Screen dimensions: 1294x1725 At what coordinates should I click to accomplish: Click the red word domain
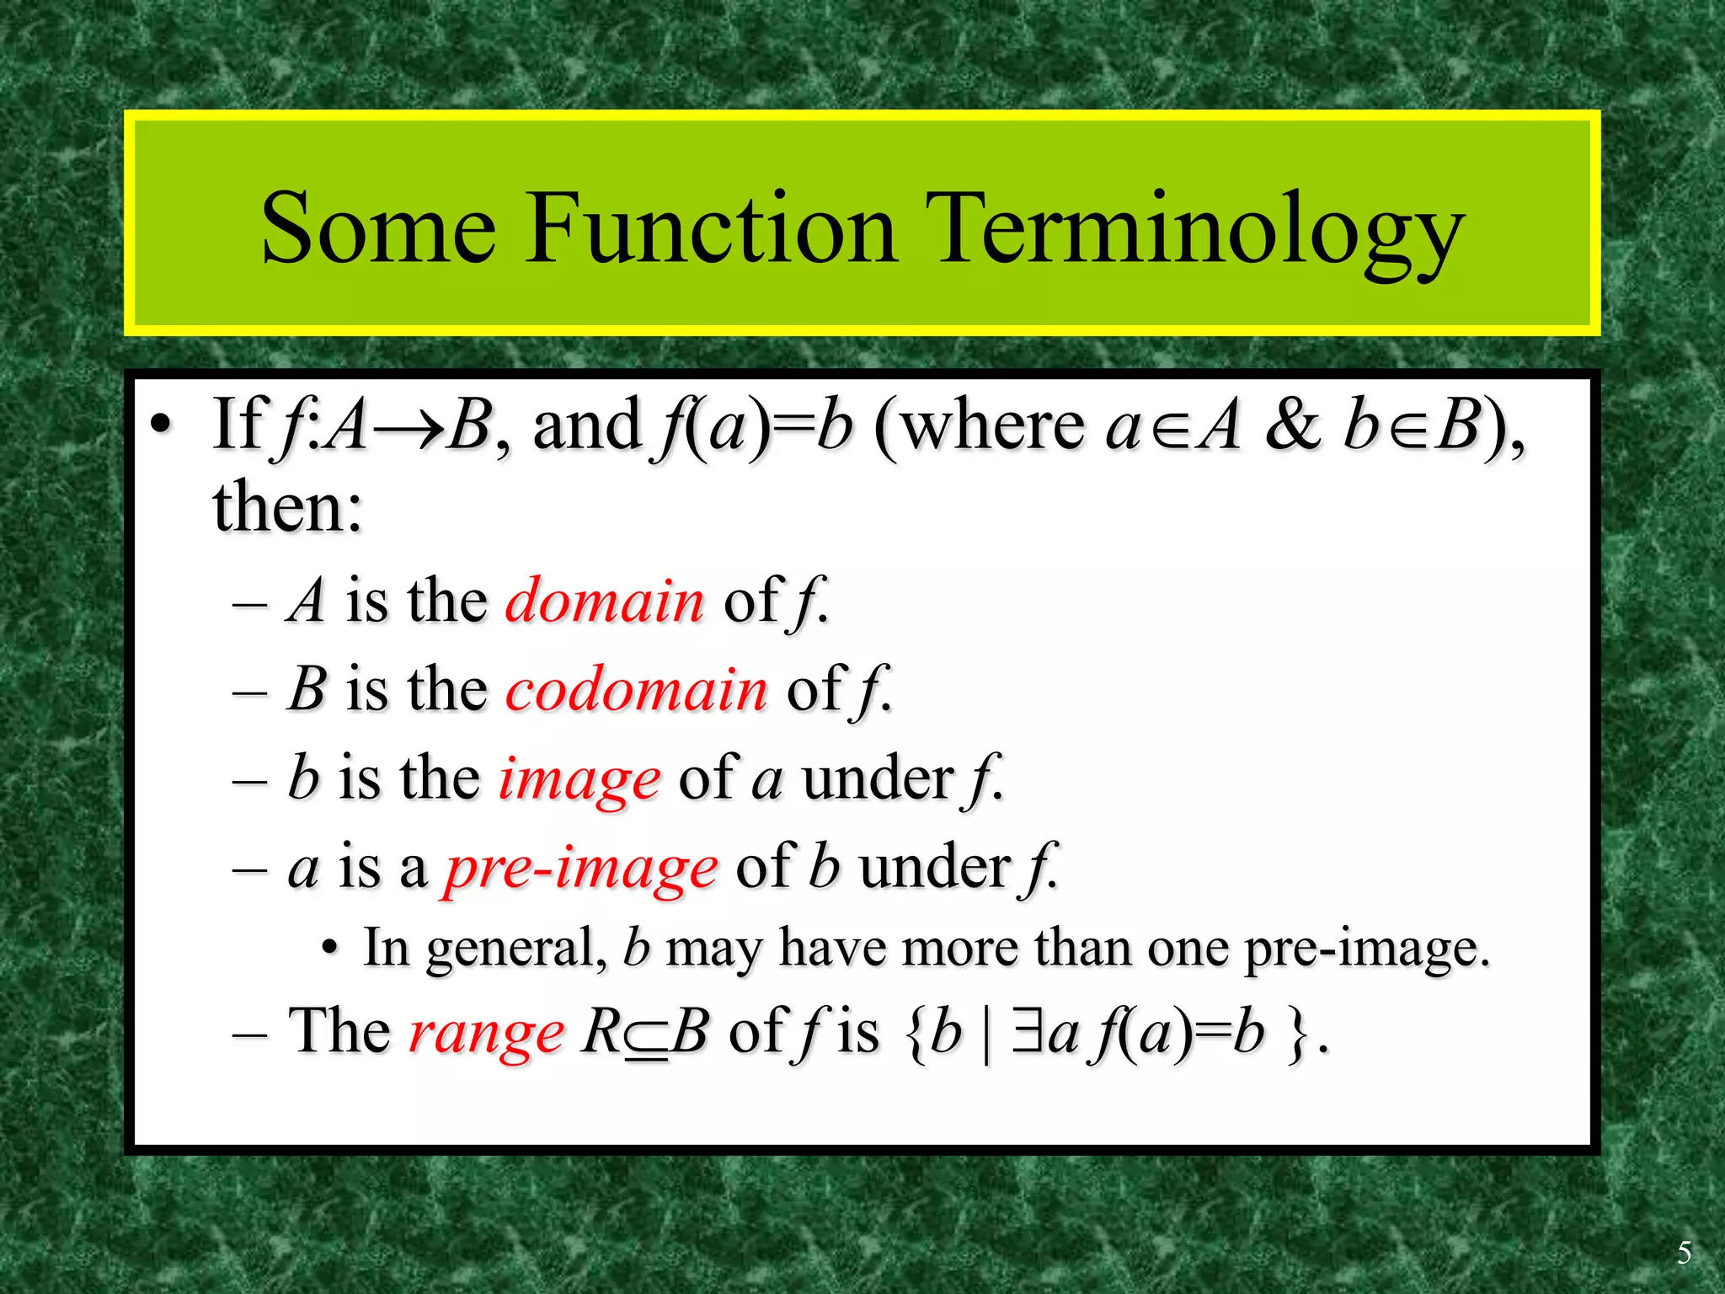point(604,602)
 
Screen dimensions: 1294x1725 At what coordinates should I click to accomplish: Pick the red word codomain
point(636,689)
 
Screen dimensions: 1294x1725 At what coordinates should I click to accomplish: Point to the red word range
point(486,1033)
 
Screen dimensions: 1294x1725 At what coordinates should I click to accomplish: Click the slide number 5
point(1684,1253)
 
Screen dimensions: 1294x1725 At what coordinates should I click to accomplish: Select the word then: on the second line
point(287,508)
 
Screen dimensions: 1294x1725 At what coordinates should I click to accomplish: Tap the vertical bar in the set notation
point(986,1033)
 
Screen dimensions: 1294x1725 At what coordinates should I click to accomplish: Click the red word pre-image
point(581,868)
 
